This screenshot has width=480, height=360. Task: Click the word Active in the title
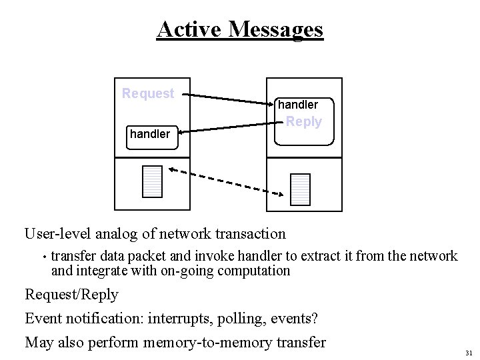189,29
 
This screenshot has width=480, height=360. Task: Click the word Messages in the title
275,29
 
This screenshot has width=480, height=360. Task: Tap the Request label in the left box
148,93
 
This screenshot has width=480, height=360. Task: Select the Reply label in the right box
303,122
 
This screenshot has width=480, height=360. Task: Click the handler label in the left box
150,134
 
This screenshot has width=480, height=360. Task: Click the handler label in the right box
298,105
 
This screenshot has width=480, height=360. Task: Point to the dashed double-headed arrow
227,182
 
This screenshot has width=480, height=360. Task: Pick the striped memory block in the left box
153,181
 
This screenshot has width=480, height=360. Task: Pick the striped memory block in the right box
301,189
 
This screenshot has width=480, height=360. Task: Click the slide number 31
469,353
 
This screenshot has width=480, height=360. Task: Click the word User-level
58,234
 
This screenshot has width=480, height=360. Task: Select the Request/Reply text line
71,295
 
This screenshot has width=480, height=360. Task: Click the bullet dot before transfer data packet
42,257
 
